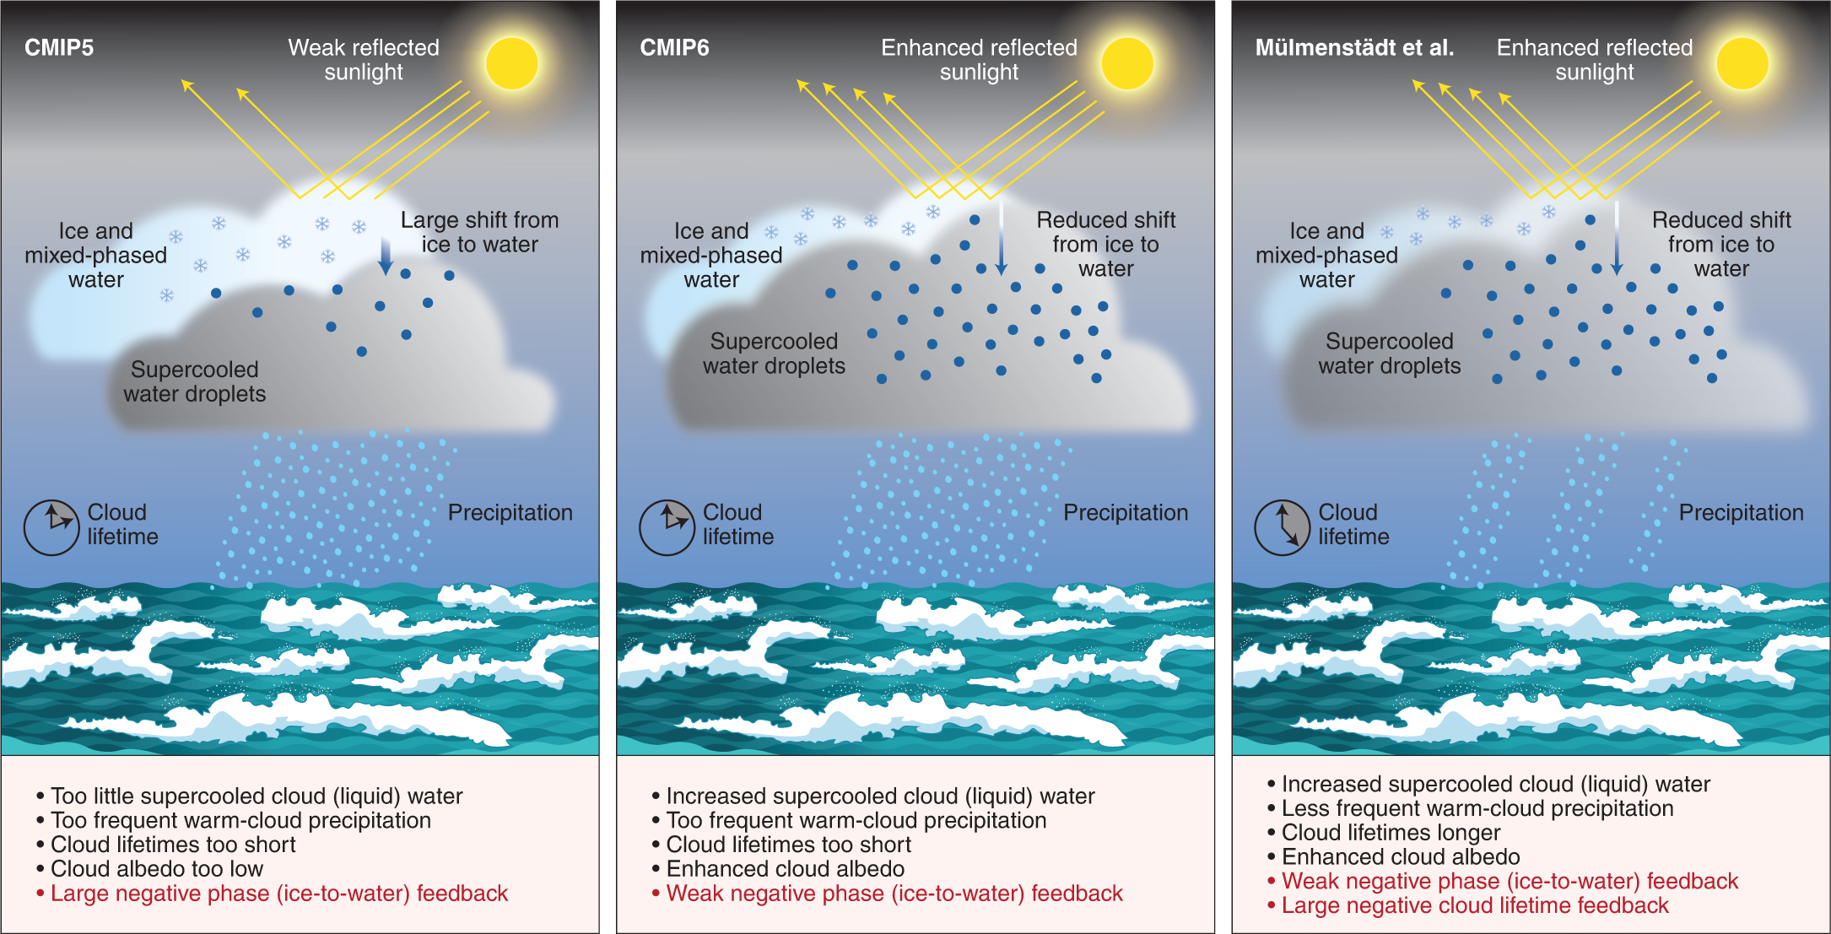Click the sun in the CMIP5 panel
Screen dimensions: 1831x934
[511, 63]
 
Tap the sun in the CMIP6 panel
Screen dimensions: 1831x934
[1126, 63]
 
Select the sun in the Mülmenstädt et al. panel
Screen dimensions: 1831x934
[1742, 63]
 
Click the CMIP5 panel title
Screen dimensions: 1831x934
[59, 47]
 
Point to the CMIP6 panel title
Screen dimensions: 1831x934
[674, 47]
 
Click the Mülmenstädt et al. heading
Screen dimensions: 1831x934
[1354, 47]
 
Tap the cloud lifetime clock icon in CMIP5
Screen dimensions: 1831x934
[51, 527]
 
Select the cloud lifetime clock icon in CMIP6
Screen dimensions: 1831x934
[667, 527]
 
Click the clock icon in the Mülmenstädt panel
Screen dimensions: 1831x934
[1282, 527]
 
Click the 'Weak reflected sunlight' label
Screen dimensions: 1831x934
[364, 59]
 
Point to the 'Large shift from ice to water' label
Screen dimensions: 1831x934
[479, 232]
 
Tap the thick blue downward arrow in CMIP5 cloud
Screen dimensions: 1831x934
[386, 256]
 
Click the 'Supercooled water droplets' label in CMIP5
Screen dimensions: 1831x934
[194, 381]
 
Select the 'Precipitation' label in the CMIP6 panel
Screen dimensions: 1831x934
[1125, 512]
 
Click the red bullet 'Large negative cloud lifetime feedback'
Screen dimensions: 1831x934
[1474, 905]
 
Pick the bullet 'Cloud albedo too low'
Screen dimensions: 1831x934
[157, 869]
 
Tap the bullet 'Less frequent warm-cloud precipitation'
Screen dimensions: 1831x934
[1477, 808]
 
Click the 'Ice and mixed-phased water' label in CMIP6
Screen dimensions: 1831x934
[711, 255]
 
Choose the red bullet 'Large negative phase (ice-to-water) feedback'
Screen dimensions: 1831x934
[278, 894]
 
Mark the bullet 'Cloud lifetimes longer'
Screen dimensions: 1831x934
[1391, 833]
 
